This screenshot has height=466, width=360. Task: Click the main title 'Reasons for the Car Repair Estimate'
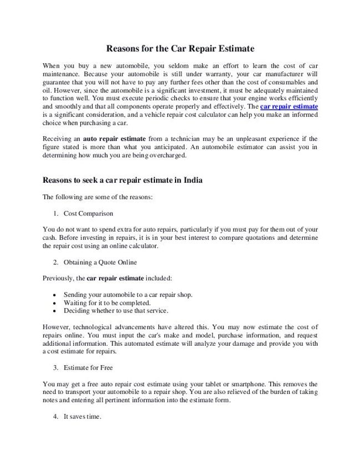pos(180,49)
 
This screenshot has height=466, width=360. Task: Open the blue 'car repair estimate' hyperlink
pos(289,105)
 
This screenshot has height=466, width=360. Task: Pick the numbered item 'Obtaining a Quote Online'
pos(100,262)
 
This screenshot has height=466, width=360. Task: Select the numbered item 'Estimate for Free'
pos(89,367)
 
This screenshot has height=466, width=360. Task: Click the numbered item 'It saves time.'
pos(83,417)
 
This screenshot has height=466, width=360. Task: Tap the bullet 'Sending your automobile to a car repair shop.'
pos(128,295)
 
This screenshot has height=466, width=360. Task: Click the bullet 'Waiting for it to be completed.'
pos(107,303)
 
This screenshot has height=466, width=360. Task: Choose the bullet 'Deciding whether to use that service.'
pos(116,311)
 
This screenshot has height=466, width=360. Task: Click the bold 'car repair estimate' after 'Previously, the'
pos(115,278)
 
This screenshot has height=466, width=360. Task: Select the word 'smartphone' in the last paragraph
pos(248,384)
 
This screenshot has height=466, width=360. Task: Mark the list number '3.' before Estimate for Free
pos(56,367)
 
